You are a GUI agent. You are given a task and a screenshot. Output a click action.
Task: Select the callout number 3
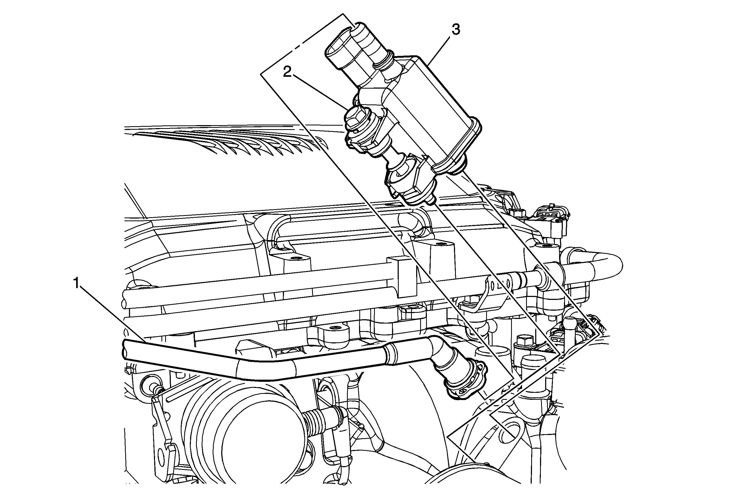[x=455, y=30]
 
